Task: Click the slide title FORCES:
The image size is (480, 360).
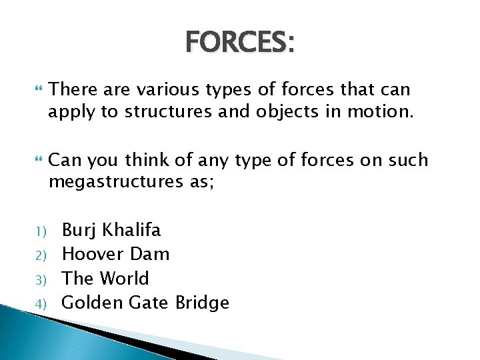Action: (x=240, y=43)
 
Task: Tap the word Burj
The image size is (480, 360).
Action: (x=78, y=231)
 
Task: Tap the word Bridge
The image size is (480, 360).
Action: (x=202, y=303)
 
